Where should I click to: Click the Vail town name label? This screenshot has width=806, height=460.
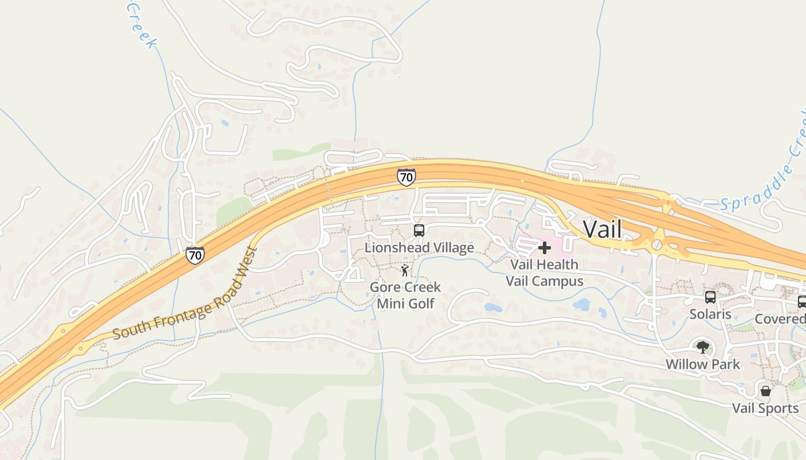602,229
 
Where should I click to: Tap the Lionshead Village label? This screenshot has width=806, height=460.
419,248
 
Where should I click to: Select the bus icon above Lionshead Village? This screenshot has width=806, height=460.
419,231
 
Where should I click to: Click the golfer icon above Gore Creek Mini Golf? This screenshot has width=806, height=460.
405,270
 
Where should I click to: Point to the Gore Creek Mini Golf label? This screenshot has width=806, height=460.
405,295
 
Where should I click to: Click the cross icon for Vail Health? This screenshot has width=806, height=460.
544,248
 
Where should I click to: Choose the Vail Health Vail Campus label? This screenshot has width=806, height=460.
544,273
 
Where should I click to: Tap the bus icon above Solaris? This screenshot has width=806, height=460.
710,297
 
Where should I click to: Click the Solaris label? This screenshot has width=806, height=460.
710,315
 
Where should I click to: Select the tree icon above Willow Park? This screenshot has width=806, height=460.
702,347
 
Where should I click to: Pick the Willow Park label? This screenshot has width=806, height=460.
702,365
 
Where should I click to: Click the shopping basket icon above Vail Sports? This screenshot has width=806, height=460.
766,391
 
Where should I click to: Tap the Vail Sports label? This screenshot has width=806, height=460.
765,409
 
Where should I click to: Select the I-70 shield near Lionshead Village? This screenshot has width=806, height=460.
406,177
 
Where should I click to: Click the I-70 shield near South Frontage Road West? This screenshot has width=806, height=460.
195,255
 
